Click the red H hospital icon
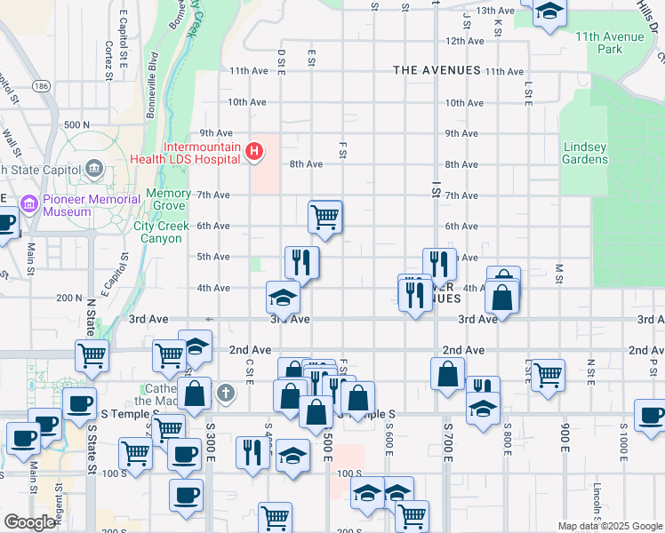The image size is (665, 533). pos(254,153)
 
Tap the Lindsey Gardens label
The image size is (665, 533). pos(585,153)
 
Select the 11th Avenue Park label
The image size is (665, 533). pos(611,43)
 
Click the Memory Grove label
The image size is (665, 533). pos(168,200)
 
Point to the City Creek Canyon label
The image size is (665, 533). pos(162,232)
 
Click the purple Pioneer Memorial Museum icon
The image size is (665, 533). pos(29,205)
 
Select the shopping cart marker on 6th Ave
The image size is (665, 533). pos(325,217)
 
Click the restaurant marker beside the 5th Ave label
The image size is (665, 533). pos(301,263)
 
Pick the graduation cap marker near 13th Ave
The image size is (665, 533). pos(549,12)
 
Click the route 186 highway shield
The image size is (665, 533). pos(43,87)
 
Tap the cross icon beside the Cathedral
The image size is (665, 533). pos(227,392)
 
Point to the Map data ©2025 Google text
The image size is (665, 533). pos(610,526)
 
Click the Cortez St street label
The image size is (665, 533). pos(108,60)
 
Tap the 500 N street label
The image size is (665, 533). pos(77,125)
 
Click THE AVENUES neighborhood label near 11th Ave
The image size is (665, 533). pos(437,70)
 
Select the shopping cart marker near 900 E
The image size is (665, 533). pos(547,374)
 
